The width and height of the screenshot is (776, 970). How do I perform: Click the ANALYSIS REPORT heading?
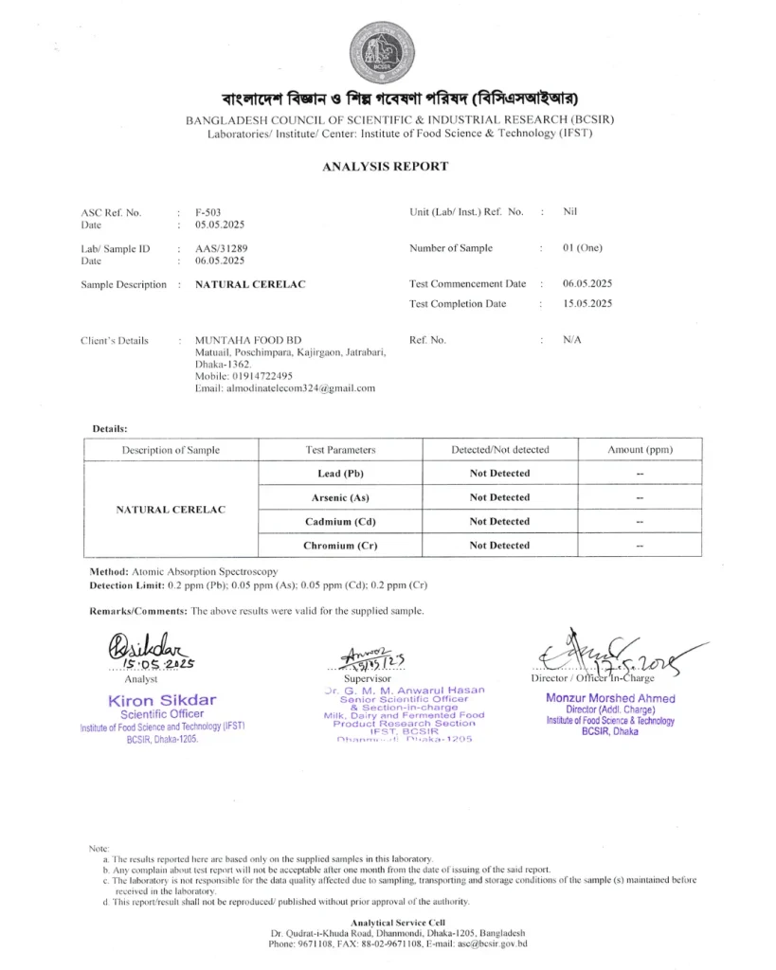pyautogui.click(x=385, y=167)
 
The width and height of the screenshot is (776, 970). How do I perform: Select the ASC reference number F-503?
pyautogui.click(x=208, y=212)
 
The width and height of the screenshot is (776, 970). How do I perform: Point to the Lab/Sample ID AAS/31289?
pyautogui.click(x=221, y=248)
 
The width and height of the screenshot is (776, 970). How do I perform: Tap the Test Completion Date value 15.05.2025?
pyautogui.click(x=587, y=304)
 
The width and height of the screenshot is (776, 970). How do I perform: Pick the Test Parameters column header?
pyautogui.click(x=340, y=450)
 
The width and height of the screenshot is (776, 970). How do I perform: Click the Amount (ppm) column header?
pyautogui.click(x=640, y=450)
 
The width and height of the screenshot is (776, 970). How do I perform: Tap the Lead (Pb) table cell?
pyautogui.click(x=340, y=473)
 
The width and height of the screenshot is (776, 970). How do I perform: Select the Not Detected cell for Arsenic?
pyautogui.click(x=499, y=497)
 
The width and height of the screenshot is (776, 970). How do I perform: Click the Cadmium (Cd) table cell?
pyautogui.click(x=340, y=522)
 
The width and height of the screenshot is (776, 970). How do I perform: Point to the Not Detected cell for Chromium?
pyautogui.click(x=499, y=546)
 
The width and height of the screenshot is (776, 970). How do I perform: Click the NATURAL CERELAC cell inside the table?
pyautogui.click(x=171, y=510)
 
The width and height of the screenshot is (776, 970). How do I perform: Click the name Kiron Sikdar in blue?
pyautogui.click(x=163, y=700)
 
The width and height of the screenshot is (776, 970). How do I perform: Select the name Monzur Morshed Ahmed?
pyautogui.click(x=611, y=698)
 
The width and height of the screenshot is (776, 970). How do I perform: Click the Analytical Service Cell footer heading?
pyautogui.click(x=398, y=923)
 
